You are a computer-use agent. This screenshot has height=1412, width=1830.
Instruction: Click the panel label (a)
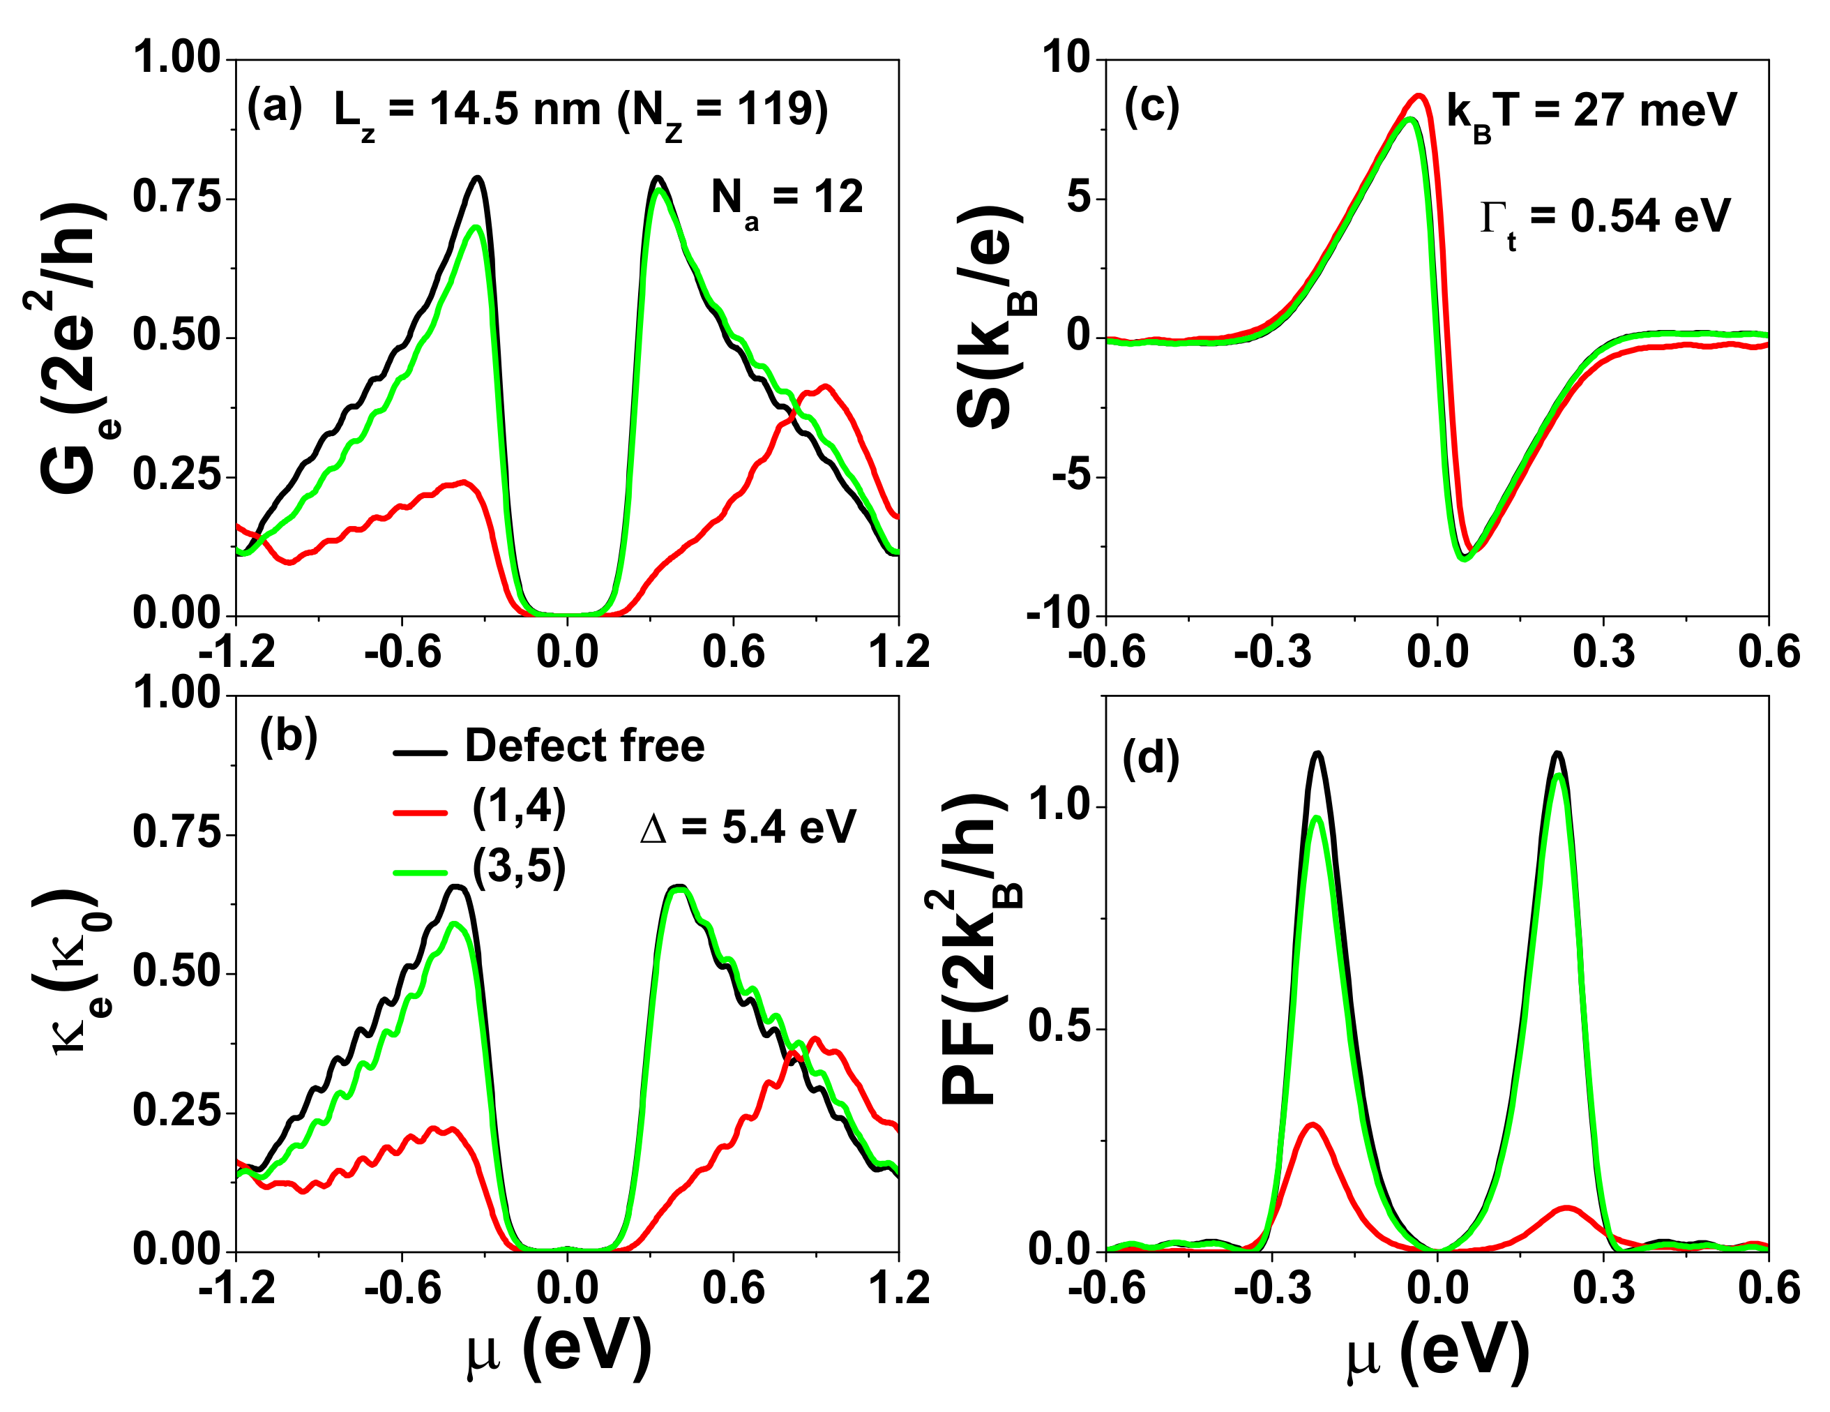point(274,108)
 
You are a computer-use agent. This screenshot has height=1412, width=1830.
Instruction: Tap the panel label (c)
point(1151,108)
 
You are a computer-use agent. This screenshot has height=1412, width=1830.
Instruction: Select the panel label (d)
point(1151,759)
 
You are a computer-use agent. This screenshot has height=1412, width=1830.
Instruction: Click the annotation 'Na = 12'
point(786,201)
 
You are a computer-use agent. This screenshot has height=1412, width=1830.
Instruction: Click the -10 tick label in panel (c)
point(1059,616)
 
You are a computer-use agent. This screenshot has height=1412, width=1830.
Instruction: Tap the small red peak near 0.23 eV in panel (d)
point(1565,1208)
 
